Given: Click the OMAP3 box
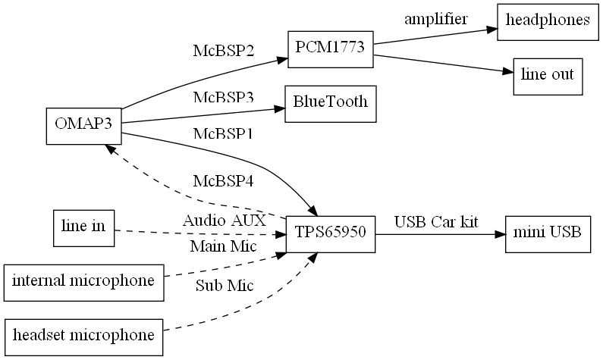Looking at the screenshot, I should [x=83, y=124].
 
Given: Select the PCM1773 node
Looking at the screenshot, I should [x=330, y=49].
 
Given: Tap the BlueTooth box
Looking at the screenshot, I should [x=330, y=102].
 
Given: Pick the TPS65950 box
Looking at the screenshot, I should [x=330, y=233].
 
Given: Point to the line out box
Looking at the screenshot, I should [x=548, y=75].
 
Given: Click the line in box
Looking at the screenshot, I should [x=83, y=227].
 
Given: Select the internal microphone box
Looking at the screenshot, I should [x=83, y=281].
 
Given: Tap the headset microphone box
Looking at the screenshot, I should [x=83, y=335].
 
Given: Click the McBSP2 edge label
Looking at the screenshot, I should [x=223, y=52].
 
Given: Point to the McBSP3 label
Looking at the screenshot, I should [x=223, y=98].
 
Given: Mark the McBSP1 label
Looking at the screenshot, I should [x=223, y=134].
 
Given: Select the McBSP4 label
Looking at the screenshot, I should [x=223, y=182].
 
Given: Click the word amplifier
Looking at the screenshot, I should [x=435, y=19].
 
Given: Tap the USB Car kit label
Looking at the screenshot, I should [x=436, y=222].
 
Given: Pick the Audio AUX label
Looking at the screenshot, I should [x=225, y=221].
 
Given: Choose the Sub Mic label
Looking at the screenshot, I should [x=225, y=286].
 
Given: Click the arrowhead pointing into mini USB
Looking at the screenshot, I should [x=500, y=233].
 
